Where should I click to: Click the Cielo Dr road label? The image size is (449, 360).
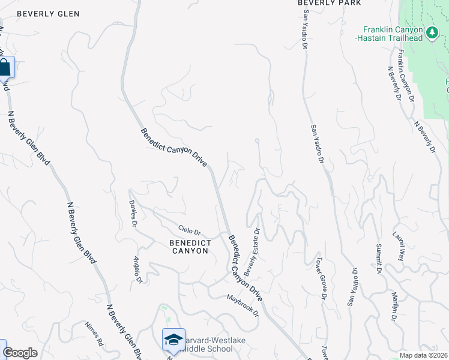click(x=189, y=231)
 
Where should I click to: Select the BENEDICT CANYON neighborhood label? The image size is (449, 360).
click(x=188, y=247)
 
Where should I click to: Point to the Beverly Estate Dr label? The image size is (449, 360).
click(x=256, y=247)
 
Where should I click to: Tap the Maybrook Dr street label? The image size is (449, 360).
click(x=243, y=305)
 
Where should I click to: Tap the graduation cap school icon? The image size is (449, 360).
click(x=173, y=340)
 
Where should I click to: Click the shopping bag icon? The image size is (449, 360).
click(x=4, y=68)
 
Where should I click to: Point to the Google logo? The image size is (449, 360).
click(x=20, y=353)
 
